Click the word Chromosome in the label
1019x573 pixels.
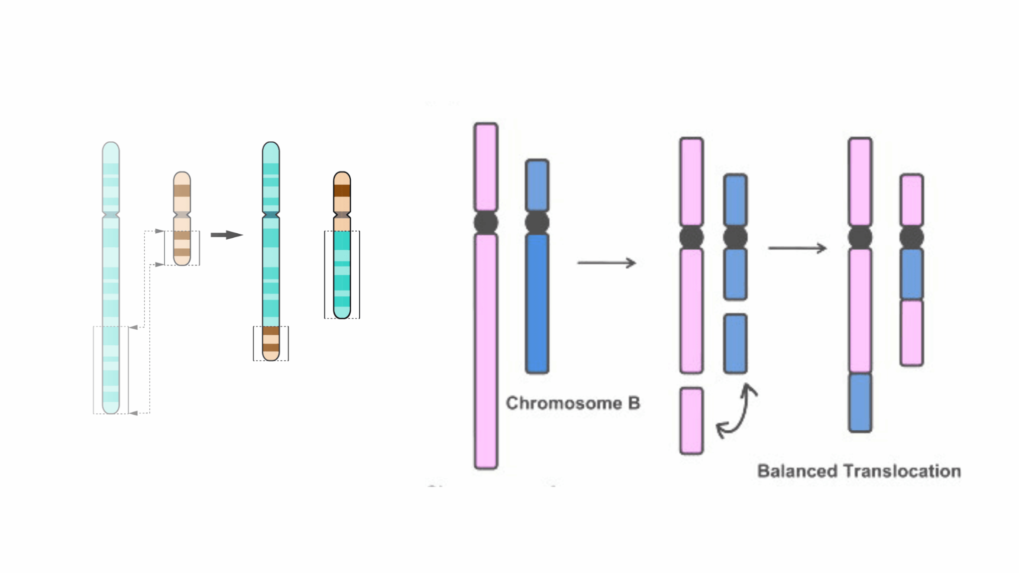(563, 403)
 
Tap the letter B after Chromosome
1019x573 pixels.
(633, 403)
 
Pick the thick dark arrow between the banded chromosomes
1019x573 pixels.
(226, 235)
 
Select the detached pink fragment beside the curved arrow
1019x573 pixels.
(691, 421)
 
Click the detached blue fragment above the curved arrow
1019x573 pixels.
(735, 344)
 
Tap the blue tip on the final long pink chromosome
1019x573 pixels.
(860, 402)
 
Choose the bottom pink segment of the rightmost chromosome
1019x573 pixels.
(912, 333)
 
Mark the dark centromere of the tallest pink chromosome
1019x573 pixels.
(486, 222)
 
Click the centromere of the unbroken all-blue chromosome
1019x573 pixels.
(537, 222)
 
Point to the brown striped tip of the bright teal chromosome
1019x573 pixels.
(271, 343)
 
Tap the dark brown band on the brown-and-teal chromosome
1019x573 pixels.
(342, 191)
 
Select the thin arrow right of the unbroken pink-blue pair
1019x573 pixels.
(607, 263)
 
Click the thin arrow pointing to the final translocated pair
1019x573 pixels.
(797, 248)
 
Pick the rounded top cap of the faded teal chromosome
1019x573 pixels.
(110, 149)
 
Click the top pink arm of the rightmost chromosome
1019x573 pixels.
(912, 200)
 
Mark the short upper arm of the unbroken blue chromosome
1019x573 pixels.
(537, 185)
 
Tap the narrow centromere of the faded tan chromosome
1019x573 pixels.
(182, 215)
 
